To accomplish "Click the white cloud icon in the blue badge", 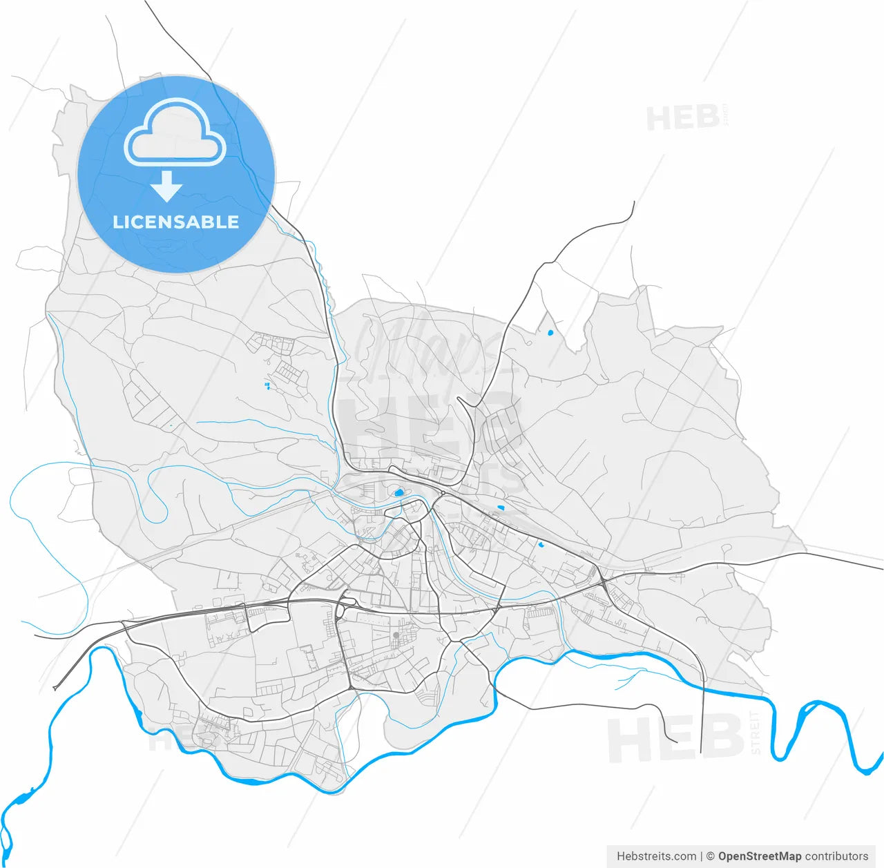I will tap(175, 135).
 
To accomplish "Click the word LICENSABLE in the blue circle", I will tap(175, 222).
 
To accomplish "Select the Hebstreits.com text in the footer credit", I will tap(656, 856).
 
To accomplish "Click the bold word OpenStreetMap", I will tap(760, 856).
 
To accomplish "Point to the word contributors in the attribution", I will tap(836, 856).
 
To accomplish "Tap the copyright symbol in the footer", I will tap(710, 856).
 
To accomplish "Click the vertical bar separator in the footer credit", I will tap(701, 856).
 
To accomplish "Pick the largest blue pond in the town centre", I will tap(398, 493).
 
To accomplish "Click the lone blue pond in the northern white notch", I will tap(550, 333).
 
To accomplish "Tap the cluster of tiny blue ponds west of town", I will tap(267, 385).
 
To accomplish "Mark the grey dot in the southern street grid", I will tap(396, 635).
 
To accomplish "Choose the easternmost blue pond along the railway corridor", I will tap(542, 545).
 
